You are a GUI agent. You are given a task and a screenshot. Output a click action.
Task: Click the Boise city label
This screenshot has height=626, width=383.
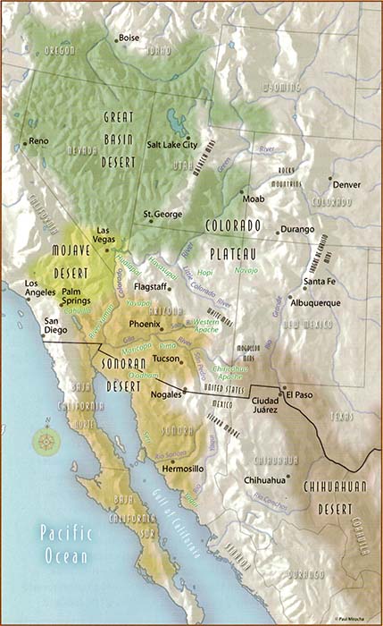tap(130, 38)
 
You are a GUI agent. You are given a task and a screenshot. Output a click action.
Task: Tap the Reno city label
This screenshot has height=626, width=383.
tap(38, 141)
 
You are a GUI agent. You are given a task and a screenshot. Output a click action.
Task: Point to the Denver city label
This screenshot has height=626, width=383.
tap(346, 185)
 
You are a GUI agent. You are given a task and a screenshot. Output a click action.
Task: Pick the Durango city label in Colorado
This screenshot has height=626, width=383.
tap(297, 230)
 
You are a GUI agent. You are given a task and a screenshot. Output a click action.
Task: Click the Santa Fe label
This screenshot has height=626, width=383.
tap(319, 283)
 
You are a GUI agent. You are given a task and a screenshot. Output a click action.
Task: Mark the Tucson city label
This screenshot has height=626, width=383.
tap(167, 359)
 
